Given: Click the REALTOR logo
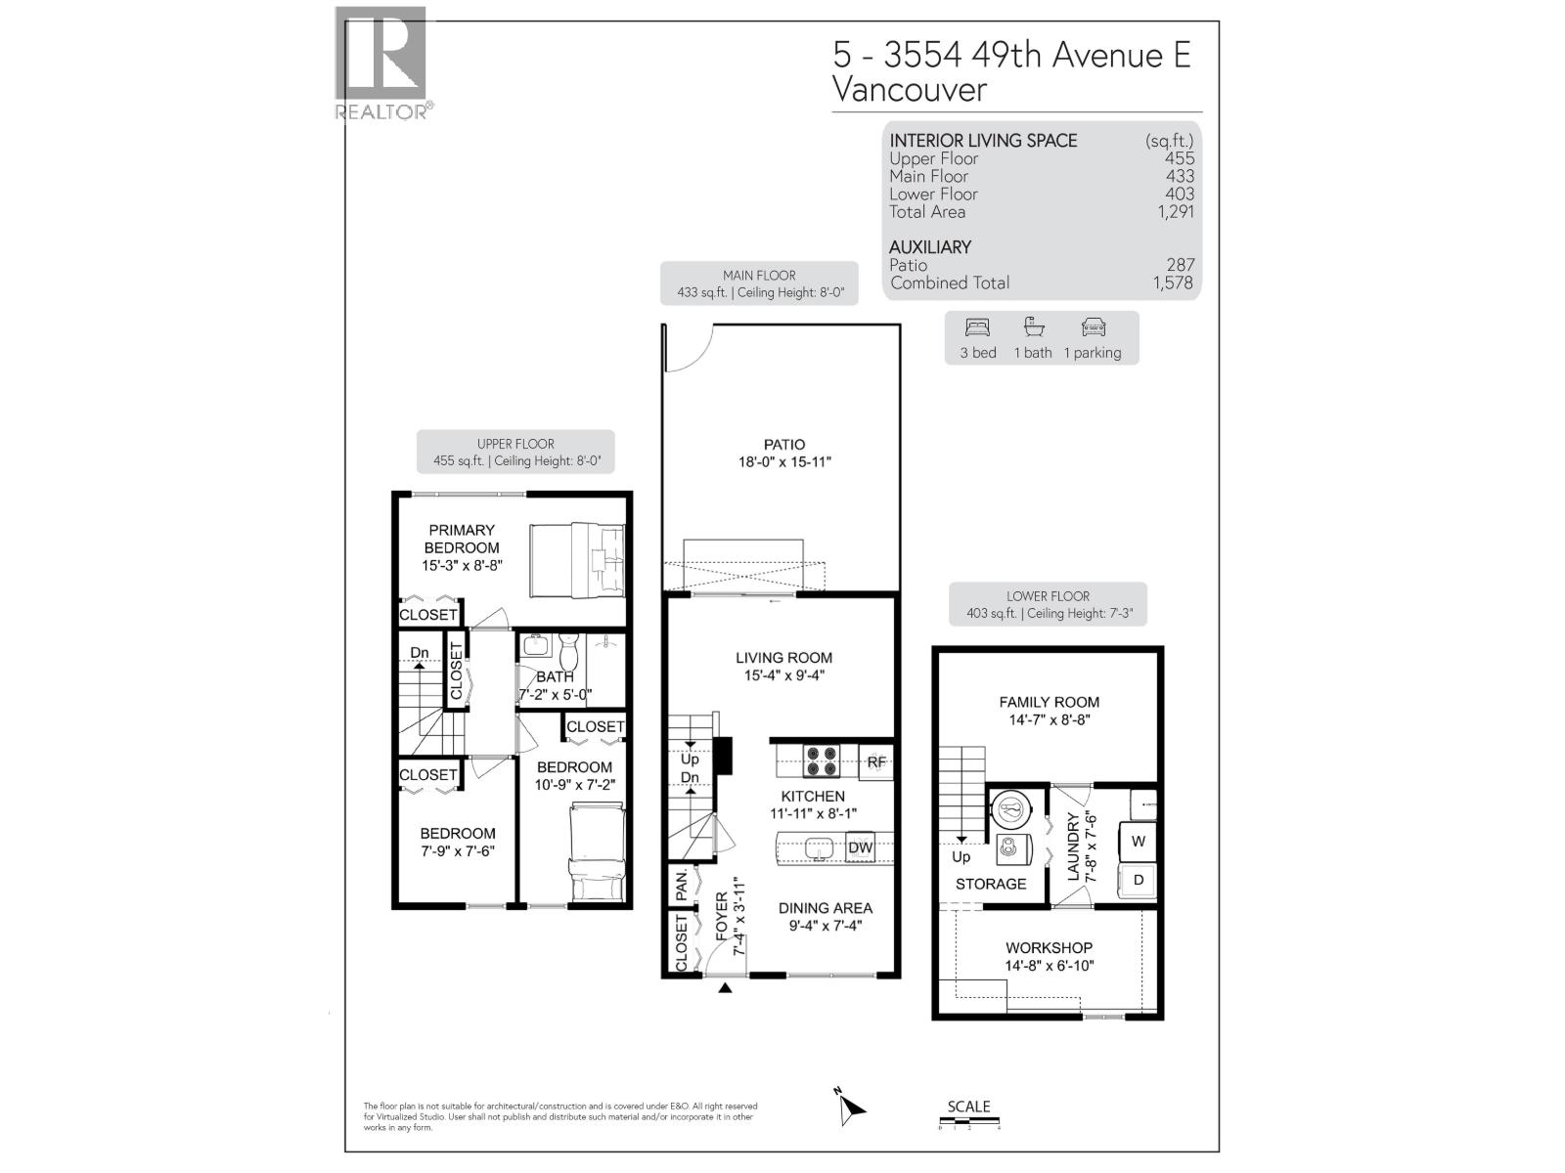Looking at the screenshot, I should [x=381, y=63].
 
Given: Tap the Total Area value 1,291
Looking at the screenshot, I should [x=1175, y=212].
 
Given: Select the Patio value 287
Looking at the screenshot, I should [x=1180, y=265].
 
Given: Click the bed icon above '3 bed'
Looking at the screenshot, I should [x=977, y=327].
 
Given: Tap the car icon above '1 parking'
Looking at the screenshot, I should [x=1093, y=327].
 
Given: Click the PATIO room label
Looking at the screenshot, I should [x=784, y=445].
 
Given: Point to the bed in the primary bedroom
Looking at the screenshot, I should [x=577, y=559].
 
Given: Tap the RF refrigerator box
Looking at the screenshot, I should [x=876, y=762].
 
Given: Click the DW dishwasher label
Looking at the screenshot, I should [x=860, y=847].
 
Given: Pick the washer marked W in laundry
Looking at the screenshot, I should [x=1139, y=841].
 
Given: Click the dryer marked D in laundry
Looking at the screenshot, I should [x=1139, y=880].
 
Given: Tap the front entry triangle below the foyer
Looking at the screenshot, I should [x=725, y=989].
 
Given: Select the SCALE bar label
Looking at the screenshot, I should [x=968, y=1107].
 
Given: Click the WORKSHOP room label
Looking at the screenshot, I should [x=1049, y=948].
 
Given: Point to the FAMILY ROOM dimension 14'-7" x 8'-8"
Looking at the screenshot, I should [x=1049, y=720].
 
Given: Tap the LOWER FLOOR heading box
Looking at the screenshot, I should [x=1048, y=604].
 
